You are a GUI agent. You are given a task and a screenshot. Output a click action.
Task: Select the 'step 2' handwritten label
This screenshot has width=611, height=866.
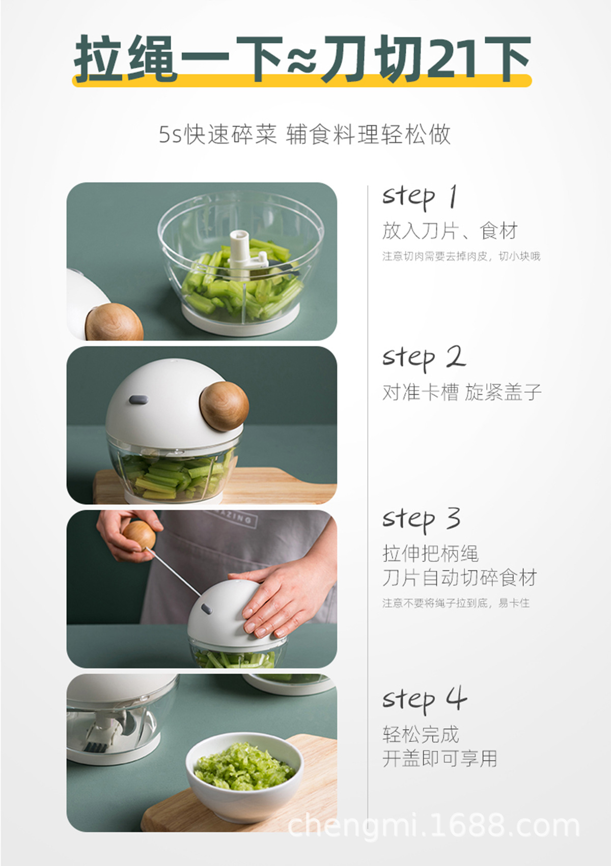click(424, 357)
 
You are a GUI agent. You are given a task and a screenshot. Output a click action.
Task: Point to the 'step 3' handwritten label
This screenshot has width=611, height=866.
click(422, 518)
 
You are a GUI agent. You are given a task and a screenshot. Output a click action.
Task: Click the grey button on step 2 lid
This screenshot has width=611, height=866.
click(138, 400)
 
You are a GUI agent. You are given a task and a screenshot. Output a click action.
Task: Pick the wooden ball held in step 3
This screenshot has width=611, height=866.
click(138, 535)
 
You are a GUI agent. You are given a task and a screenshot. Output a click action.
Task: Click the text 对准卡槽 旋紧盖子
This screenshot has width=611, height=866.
click(461, 392)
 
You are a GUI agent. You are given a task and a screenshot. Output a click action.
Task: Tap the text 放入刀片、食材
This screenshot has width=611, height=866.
click(450, 231)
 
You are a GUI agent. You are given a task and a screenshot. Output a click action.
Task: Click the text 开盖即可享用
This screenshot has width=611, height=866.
click(440, 759)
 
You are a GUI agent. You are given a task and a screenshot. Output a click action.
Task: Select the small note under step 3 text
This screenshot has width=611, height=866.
click(456, 603)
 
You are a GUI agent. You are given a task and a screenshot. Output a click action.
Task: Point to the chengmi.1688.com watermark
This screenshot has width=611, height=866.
click(434, 825)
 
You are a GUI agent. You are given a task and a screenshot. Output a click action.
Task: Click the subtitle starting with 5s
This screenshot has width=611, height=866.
click(304, 135)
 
